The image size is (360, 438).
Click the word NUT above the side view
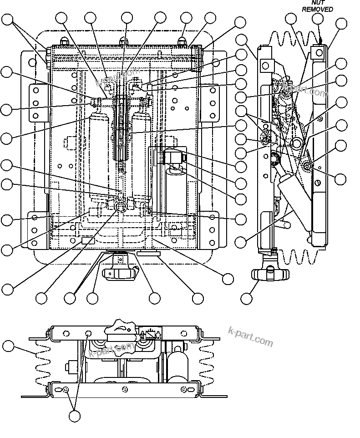[x=318, y=3]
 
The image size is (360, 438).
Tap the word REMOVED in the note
[x=318, y=9]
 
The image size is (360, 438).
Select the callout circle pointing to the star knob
[x=246, y=299]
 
